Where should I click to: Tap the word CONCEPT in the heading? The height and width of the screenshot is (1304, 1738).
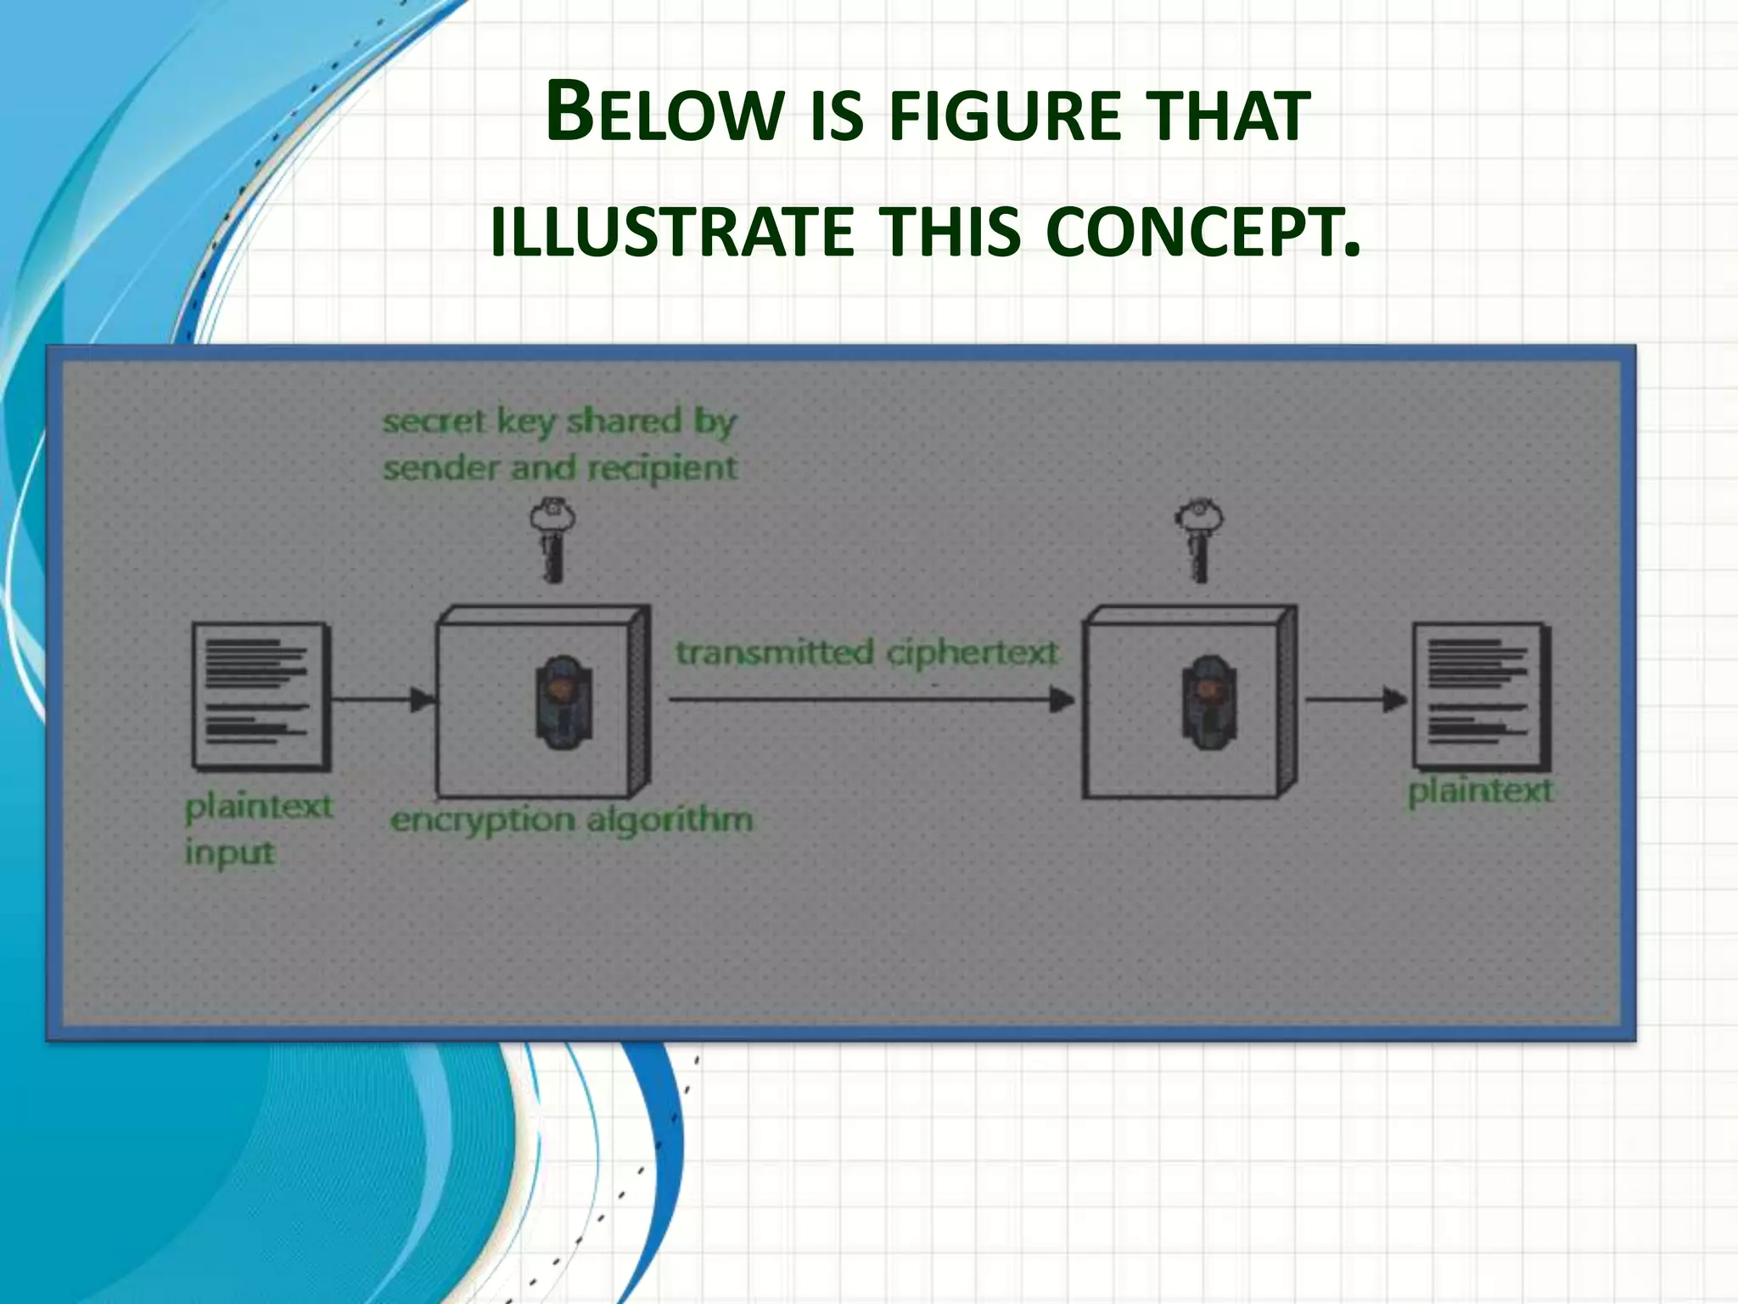click(1203, 232)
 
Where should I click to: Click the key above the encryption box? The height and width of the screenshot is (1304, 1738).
click(552, 540)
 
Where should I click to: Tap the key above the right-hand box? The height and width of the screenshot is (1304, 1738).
click(1198, 540)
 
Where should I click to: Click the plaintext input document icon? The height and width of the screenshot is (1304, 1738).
click(261, 695)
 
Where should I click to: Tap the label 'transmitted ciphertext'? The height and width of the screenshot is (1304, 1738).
click(866, 653)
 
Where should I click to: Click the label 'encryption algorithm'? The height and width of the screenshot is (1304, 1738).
click(571, 820)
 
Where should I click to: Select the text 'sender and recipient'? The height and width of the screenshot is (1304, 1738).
click(560, 468)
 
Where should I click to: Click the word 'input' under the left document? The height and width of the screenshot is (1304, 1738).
click(230, 852)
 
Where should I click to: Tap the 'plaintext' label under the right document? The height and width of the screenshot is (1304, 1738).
click(1480, 791)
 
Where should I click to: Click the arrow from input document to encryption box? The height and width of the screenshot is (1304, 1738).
click(383, 700)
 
